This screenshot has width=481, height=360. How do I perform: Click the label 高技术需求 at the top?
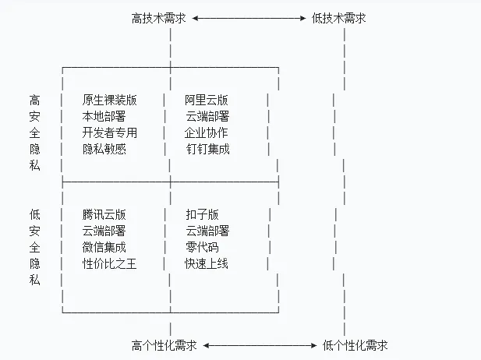tap(159, 18)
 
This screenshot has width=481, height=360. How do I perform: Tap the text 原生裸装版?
tap(109, 100)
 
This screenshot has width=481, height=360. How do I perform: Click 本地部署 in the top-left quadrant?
tap(104, 116)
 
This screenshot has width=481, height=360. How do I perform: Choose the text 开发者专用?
tap(109, 132)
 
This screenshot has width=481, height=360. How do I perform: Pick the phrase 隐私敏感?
tap(104, 149)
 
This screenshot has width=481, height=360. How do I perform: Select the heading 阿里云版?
tap(207, 100)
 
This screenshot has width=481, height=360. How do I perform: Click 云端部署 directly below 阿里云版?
tap(207, 116)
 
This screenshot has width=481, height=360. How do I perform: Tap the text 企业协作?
tap(207, 132)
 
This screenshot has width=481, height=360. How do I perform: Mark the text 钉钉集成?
tap(207, 149)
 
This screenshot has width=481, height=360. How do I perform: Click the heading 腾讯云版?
tap(104, 214)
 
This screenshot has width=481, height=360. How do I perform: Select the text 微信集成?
tap(104, 247)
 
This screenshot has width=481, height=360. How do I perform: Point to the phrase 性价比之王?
tap(109, 263)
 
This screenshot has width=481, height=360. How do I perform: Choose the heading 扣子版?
tap(202, 214)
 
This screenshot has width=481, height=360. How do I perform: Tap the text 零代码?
tap(202, 247)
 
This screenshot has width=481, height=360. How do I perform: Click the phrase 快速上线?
tap(207, 263)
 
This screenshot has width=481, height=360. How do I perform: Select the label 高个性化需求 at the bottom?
tap(164, 344)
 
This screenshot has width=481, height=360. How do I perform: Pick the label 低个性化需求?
tap(355, 344)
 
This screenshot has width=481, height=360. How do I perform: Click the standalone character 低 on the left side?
tap(34, 214)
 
